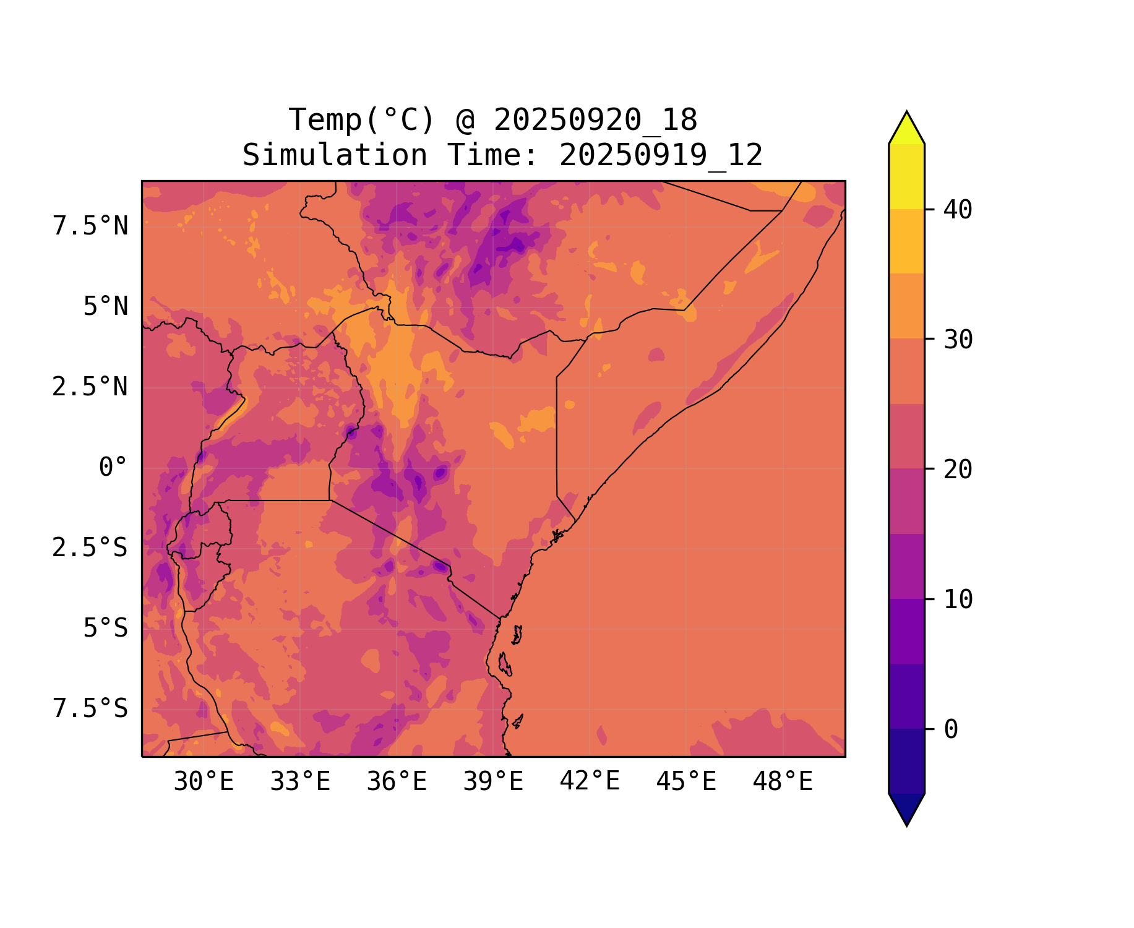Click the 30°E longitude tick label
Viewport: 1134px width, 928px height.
pyautogui.click(x=204, y=782)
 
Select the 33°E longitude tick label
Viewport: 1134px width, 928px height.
pyautogui.click(x=300, y=782)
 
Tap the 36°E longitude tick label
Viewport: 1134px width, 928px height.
pyautogui.click(x=397, y=782)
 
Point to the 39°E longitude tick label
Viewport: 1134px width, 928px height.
pyautogui.click(x=493, y=782)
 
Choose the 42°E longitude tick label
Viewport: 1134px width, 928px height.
pyautogui.click(x=590, y=781)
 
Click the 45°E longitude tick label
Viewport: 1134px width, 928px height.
pyautogui.click(x=686, y=782)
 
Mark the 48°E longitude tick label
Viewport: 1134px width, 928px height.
pyautogui.click(x=783, y=782)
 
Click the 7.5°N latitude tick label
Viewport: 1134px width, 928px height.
pyautogui.click(x=90, y=226)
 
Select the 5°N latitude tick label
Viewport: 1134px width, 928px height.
pyautogui.click(x=106, y=307)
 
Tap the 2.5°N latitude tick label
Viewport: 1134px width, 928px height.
pyautogui.click(x=90, y=387)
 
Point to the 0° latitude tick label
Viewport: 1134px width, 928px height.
pyautogui.click(x=113, y=468)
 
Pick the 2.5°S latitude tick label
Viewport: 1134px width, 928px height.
pyautogui.click(x=90, y=548)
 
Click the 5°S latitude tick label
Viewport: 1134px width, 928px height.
pyautogui.click(x=106, y=629)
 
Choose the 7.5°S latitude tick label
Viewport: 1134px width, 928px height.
pyautogui.click(x=90, y=709)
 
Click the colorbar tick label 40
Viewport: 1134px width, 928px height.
pyautogui.click(x=958, y=210)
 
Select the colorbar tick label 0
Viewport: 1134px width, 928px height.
pyautogui.click(x=951, y=730)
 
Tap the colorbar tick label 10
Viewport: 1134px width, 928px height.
pyautogui.click(x=958, y=600)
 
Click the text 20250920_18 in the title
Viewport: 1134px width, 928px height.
pyautogui.click(x=595, y=120)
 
